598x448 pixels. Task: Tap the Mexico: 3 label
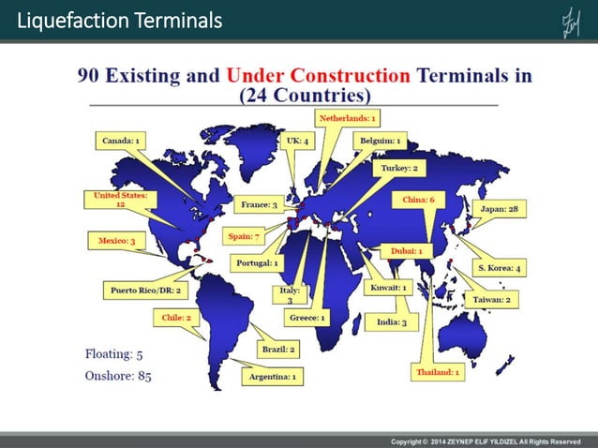coord(117,241)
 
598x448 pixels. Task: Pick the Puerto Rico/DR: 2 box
coord(145,291)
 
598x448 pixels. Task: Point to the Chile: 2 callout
coord(176,318)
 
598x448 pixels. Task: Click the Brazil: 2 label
coord(279,350)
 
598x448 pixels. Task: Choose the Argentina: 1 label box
coord(272,376)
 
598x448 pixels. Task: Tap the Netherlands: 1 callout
coord(347,119)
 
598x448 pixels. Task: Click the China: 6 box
coord(418,200)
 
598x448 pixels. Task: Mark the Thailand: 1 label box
coord(436,372)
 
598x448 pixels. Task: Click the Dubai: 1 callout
coord(406,251)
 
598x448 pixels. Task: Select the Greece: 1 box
coord(307,318)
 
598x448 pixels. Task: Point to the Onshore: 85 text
coord(118,376)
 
